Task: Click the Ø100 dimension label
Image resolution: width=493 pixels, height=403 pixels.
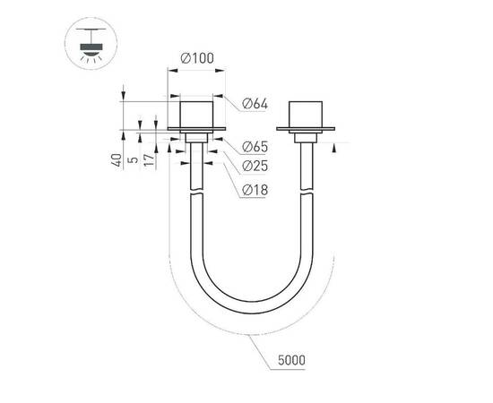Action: point(195,58)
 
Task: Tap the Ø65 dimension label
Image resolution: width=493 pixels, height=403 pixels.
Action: point(255,147)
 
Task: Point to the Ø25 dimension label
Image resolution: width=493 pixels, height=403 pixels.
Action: point(255,167)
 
